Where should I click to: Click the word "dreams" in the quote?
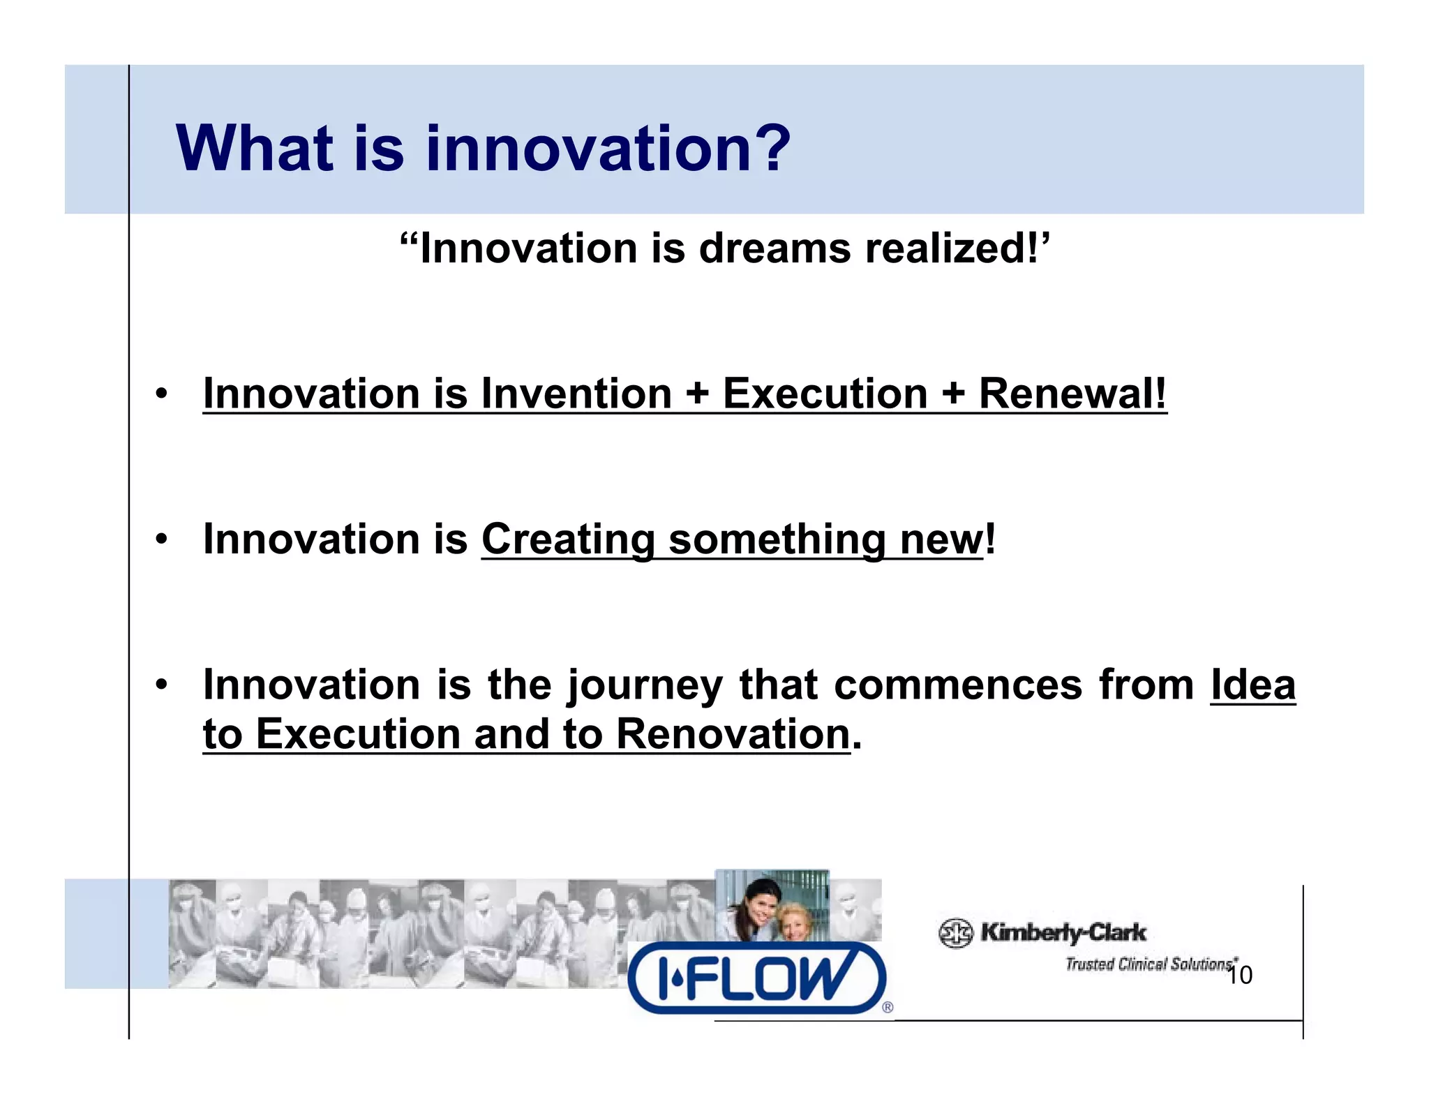tap(775, 248)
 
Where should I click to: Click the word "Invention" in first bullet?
tap(576, 394)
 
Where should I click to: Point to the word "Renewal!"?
tap(1072, 394)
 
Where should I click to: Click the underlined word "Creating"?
tap(567, 539)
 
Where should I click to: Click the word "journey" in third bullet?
tap(644, 685)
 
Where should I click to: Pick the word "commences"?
tap(957, 685)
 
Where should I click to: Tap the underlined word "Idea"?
tap(1252, 685)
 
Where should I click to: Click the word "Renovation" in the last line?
tap(733, 735)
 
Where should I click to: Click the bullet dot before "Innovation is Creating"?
tap(162, 539)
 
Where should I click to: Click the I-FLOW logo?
tap(756, 978)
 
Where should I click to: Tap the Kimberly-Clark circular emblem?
tap(955, 933)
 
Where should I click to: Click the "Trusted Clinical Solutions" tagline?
tap(1148, 964)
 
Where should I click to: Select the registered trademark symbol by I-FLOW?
tap(888, 1007)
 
